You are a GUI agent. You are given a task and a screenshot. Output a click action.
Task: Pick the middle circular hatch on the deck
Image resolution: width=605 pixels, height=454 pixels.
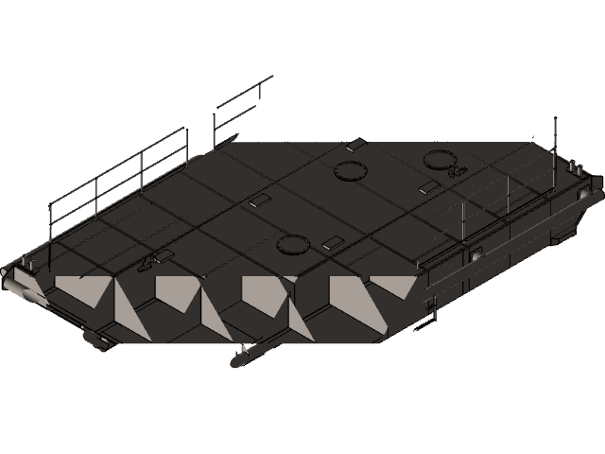point(351,171)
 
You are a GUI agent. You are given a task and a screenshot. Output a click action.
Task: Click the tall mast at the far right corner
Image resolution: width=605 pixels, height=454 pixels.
point(555,142)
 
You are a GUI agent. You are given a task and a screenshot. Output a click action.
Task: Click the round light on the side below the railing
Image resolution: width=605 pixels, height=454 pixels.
point(475,253)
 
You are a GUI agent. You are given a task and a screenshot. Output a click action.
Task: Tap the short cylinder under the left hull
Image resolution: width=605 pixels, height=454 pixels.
point(97,338)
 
